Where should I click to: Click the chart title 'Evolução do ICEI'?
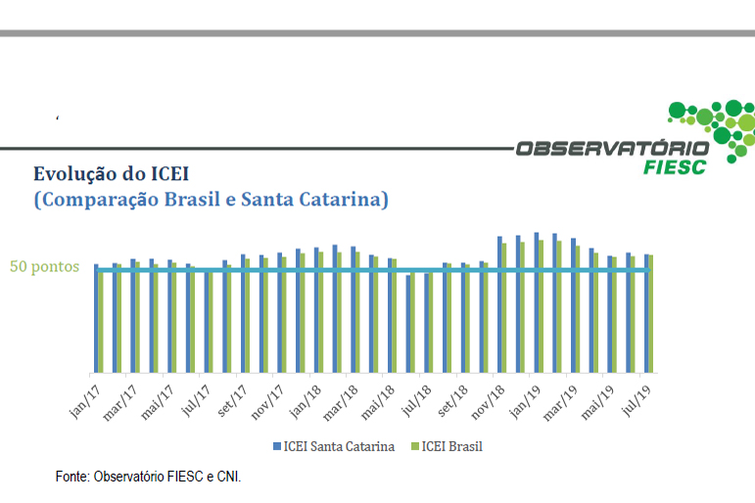click(x=111, y=174)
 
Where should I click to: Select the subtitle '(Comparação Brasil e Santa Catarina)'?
click(x=211, y=200)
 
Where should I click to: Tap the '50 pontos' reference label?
click(x=45, y=266)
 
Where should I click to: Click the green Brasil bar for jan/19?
click(x=541, y=305)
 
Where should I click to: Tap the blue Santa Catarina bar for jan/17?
click(x=96, y=317)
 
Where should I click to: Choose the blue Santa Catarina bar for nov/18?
click(x=499, y=303)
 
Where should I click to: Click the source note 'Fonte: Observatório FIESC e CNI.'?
click(x=148, y=477)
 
